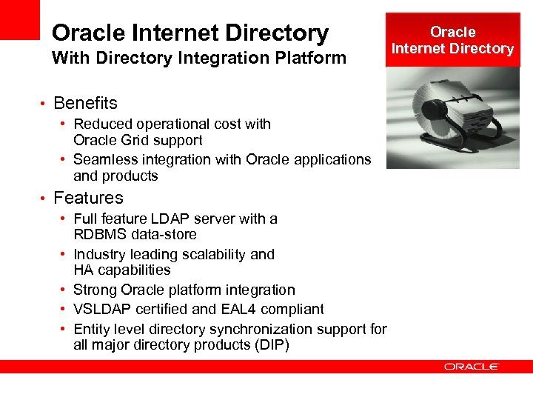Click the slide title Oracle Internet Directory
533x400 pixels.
pyautogui.click(x=190, y=33)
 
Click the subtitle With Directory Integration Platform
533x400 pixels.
pyautogui.click(x=198, y=58)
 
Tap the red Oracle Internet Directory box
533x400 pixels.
pyautogui.click(x=452, y=40)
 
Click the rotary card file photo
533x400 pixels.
pyautogui.click(x=453, y=118)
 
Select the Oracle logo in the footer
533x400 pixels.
pyautogui.click(x=472, y=367)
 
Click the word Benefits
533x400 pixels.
pyautogui.click(x=85, y=103)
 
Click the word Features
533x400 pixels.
pyautogui.click(x=88, y=198)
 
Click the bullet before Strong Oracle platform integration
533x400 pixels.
pyautogui.click(x=66, y=290)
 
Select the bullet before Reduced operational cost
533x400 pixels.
pyautogui.click(x=66, y=124)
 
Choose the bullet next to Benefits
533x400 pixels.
pyautogui.click(x=44, y=103)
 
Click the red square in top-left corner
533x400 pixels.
pyautogui.click(x=19, y=19)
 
